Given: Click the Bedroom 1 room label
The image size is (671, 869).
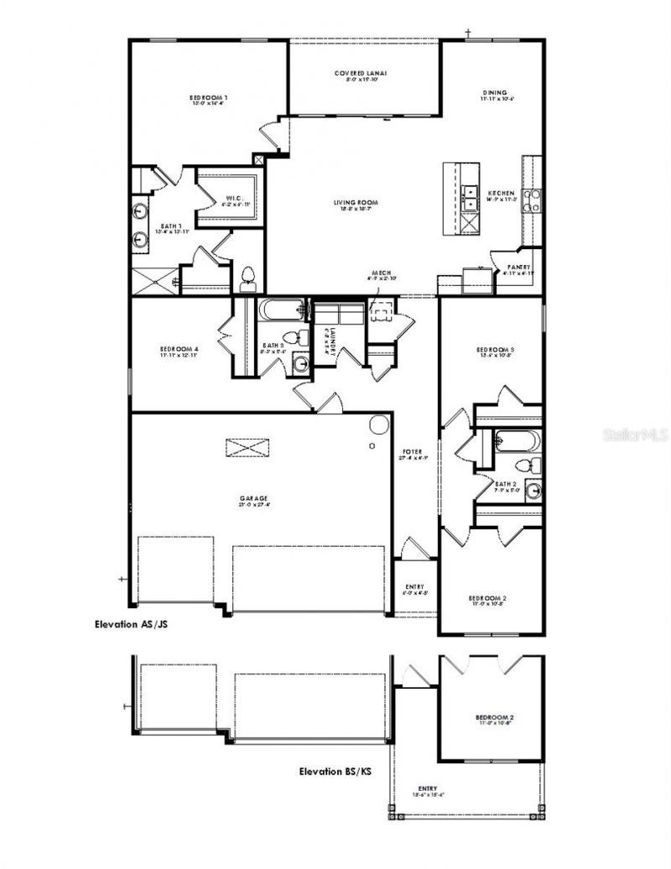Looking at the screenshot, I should pyautogui.click(x=208, y=98).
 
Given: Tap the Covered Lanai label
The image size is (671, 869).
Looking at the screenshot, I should pyautogui.click(x=361, y=74).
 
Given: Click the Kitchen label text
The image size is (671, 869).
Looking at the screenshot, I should pyautogui.click(x=501, y=193).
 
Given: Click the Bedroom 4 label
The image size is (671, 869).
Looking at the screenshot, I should pyautogui.click(x=179, y=349).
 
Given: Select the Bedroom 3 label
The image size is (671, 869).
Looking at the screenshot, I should pyautogui.click(x=495, y=349).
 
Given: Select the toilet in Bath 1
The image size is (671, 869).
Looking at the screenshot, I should pyautogui.click(x=247, y=278).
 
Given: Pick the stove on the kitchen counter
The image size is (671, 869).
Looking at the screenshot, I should pyautogui.click(x=532, y=201).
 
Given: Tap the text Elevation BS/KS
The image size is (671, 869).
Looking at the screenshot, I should pyautogui.click(x=335, y=770).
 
